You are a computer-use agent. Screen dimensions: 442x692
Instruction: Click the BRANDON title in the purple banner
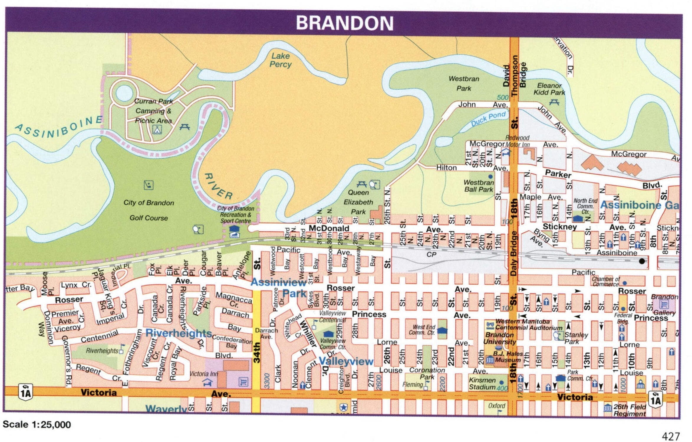tap(344, 23)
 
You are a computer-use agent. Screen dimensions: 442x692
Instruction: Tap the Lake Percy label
tap(280, 60)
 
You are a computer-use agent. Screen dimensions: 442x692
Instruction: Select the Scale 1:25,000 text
tap(37, 425)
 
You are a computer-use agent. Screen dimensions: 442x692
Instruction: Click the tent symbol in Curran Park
tap(157, 129)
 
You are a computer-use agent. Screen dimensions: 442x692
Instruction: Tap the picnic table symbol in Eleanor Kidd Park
tap(554, 102)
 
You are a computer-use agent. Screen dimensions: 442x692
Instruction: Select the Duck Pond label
tap(488, 119)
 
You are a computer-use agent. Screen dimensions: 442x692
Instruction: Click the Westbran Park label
tap(464, 83)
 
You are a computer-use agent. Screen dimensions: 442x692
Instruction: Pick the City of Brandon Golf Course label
tap(149, 210)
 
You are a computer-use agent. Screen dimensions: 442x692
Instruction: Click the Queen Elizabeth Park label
tap(358, 202)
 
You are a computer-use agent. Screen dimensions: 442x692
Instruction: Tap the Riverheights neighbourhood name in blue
tap(179, 333)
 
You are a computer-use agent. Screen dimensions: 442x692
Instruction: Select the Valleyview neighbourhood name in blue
tap(346, 361)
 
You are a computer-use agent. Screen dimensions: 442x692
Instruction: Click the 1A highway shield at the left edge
tap(25, 392)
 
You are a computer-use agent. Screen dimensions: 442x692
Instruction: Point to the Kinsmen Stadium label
tap(482, 383)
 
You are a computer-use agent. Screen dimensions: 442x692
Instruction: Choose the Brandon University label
tap(500, 338)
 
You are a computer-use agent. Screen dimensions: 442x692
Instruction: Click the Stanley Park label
tap(576, 338)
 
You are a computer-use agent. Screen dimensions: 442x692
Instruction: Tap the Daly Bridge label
tap(514, 253)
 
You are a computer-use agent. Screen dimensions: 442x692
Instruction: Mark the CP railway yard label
tap(431, 254)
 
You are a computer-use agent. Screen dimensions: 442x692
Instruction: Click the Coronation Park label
tap(427, 373)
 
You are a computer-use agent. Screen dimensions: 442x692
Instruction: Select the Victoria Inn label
tap(204, 374)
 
